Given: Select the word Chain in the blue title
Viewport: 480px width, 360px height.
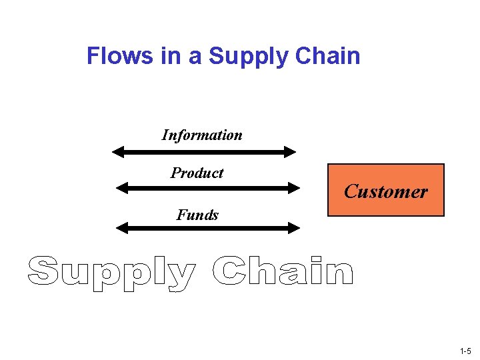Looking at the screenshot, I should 327,56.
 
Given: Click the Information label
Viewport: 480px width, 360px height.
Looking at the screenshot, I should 202,135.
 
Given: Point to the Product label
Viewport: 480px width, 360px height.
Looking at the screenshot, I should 197,173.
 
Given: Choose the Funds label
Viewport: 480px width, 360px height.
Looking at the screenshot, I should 197,215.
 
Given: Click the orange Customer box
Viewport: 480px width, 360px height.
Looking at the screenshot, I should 385,191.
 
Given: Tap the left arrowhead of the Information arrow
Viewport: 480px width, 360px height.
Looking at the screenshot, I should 118,152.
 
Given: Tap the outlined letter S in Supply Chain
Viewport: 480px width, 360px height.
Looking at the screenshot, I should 43,271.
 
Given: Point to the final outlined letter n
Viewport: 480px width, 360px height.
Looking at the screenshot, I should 339,274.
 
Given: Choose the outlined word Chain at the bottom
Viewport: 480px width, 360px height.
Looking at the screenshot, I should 283,271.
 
